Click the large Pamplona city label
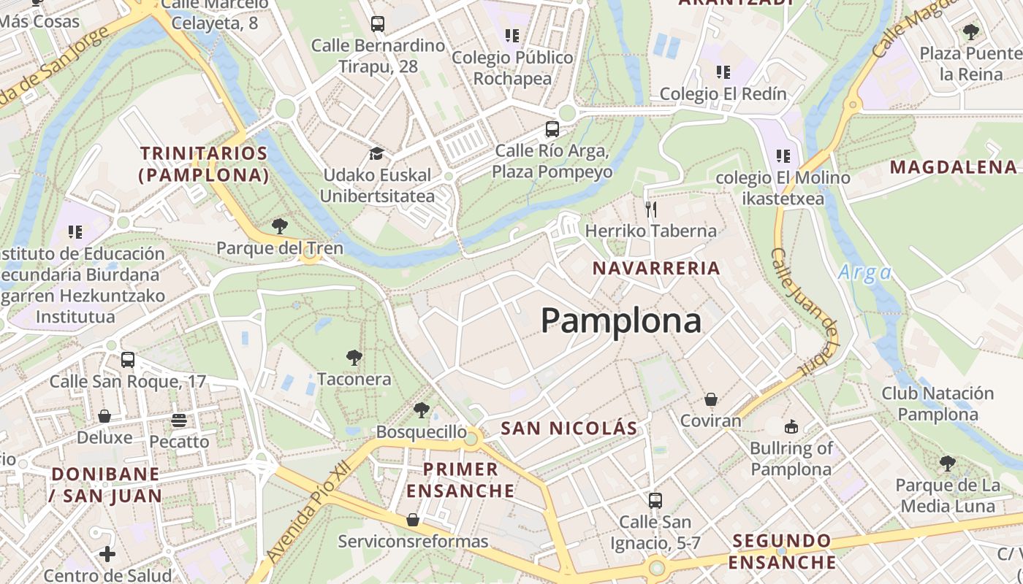(x=621, y=320)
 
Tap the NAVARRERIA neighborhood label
(x=656, y=268)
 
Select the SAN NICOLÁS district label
(x=569, y=429)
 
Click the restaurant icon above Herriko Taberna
(x=651, y=210)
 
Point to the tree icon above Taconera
(x=354, y=358)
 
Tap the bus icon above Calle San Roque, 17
(x=128, y=360)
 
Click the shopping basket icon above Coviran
(x=710, y=400)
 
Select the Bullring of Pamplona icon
(x=791, y=426)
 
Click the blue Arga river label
(x=865, y=273)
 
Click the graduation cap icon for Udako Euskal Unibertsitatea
(x=376, y=154)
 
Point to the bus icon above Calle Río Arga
(x=552, y=130)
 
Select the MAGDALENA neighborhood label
(x=953, y=167)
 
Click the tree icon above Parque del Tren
(x=279, y=226)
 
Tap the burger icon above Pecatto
(x=179, y=420)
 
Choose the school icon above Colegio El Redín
(x=723, y=72)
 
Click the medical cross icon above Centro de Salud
(x=107, y=554)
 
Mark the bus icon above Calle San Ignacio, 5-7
(x=655, y=501)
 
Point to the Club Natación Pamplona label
(x=938, y=404)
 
